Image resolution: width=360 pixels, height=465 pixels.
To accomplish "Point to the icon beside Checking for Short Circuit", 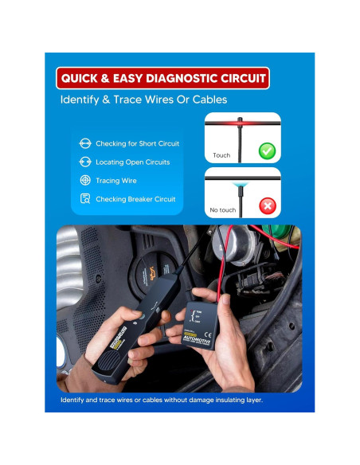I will [x=84, y=143].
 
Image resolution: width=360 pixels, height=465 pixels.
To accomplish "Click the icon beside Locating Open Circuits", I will [x=84, y=162].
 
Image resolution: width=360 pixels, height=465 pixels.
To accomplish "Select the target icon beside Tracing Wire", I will [x=84, y=181].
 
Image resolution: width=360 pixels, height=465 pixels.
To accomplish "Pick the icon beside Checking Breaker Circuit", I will [x=84, y=199].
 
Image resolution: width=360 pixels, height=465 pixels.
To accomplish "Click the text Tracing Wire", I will [x=119, y=181].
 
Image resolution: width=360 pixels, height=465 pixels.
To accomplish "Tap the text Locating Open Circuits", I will [x=132, y=162].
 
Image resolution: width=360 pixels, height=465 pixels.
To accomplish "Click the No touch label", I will [x=223, y=210].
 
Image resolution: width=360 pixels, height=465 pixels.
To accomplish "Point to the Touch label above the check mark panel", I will [x=221, y=156].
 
